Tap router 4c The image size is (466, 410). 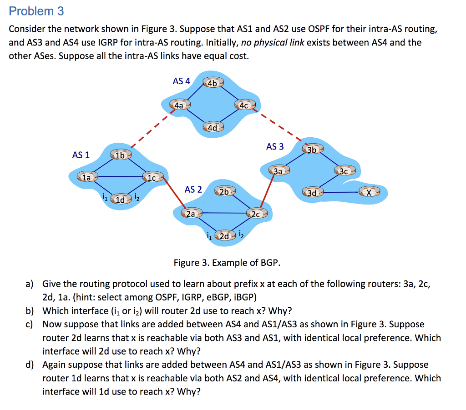click(x=244, y=105)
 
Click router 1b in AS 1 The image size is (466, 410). click(x=120, y=156)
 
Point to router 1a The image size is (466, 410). click(x=86, y=177)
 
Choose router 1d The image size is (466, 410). click(x=120, y=200)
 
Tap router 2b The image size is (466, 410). click(x=224, y=191)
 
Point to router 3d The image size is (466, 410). click(x=312, y=193)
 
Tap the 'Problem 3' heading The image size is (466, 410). click(x=36, y=11)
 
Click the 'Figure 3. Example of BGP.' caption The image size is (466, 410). click(x=227, y=263)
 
